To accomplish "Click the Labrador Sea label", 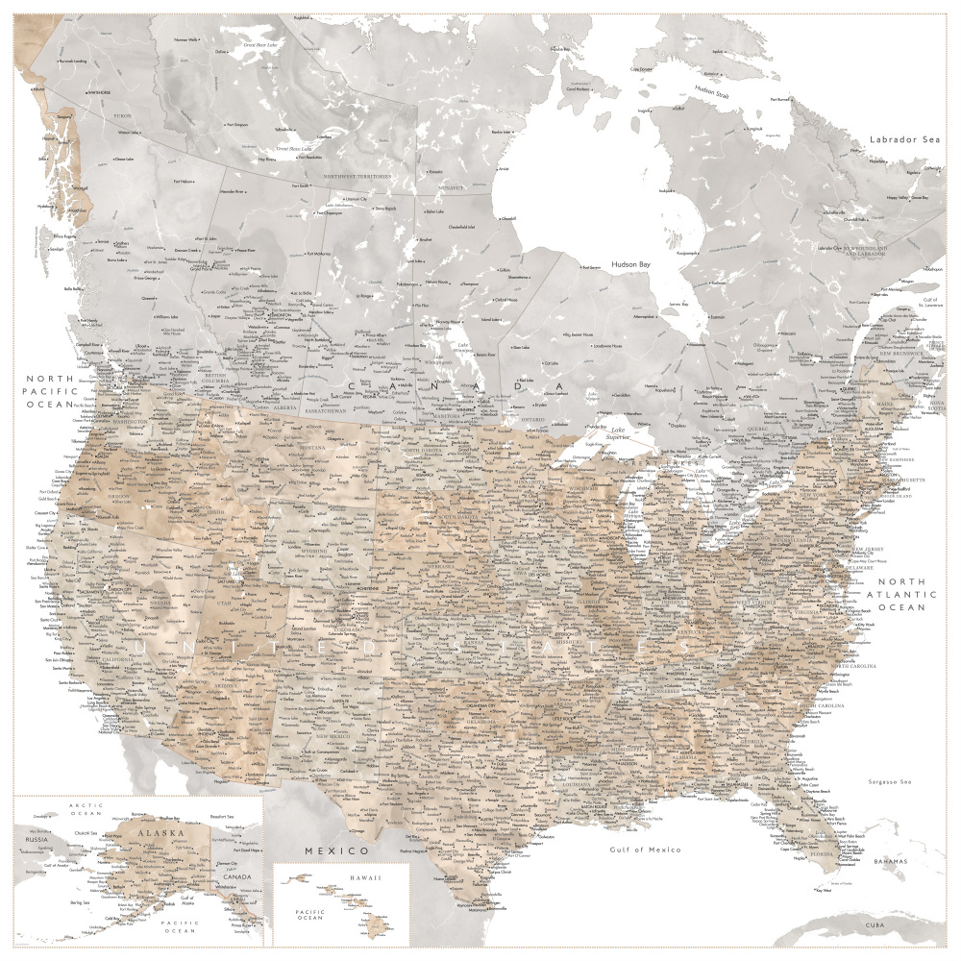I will point(904,139).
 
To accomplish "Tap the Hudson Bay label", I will point(632,263).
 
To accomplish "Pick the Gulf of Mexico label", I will point(646,850).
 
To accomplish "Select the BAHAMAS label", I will point(890,861).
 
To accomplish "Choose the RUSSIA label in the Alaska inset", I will point(37,838).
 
